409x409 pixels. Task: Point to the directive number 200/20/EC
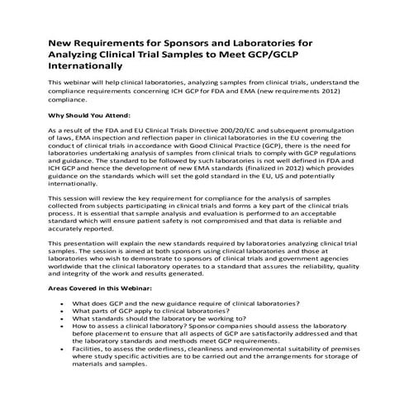(x=224, y=131)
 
